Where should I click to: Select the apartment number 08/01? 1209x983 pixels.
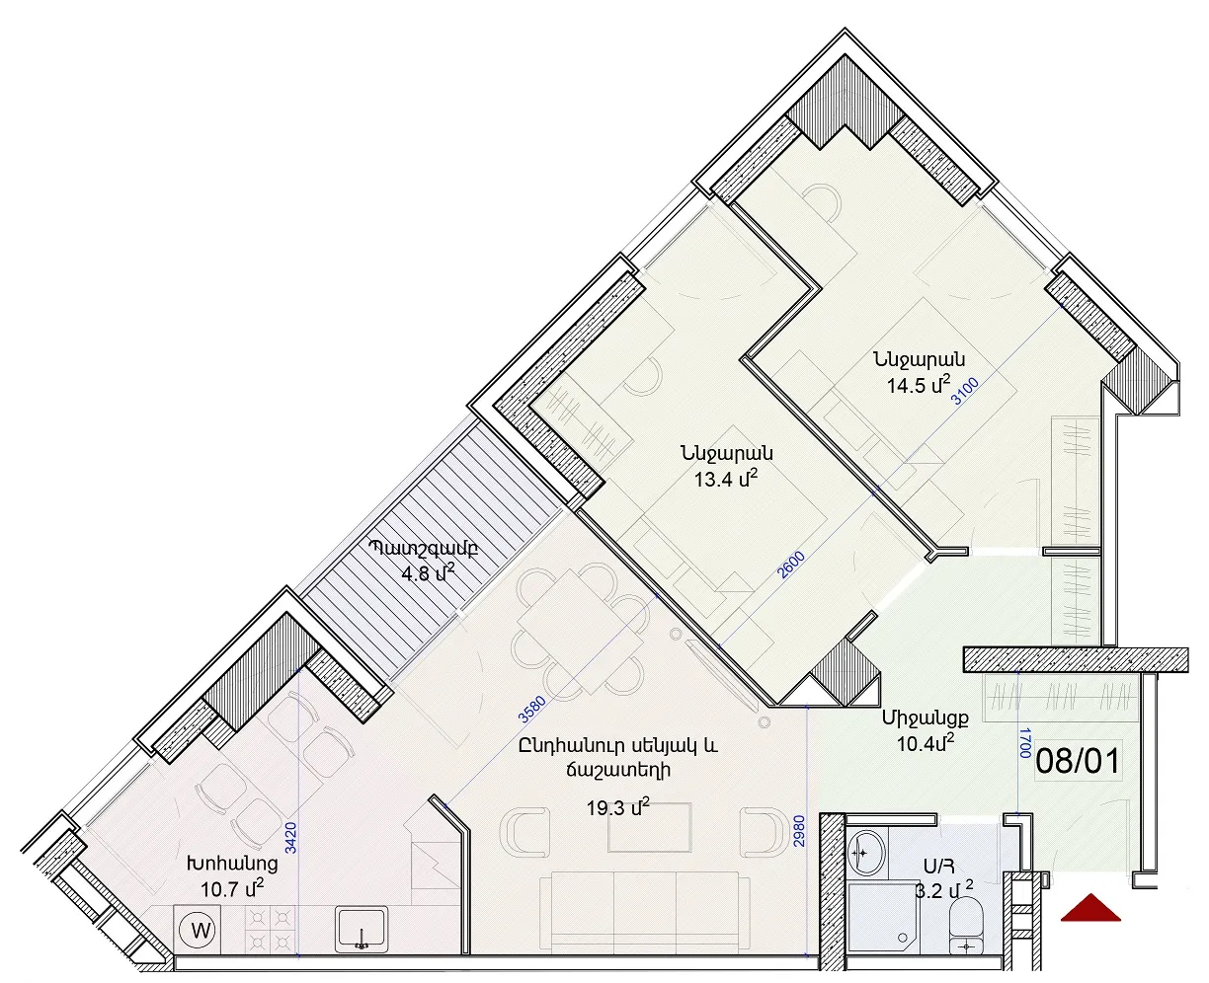pos(1079,761)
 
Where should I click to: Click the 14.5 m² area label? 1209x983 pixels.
pos(919,385)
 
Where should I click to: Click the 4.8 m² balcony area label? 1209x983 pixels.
pos(428,572)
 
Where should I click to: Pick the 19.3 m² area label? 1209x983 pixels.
pos(617,807)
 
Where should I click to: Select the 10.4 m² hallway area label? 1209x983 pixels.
pos(926,742)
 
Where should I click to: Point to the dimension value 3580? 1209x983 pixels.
pos(532,709)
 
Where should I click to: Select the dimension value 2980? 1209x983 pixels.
pos(799,832)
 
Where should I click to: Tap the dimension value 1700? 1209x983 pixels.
pos(1025,743)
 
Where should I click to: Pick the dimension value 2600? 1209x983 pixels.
pos(792,565)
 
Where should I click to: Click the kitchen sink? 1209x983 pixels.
pos(362,929)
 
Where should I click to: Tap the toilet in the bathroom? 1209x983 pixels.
pos(965,932)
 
